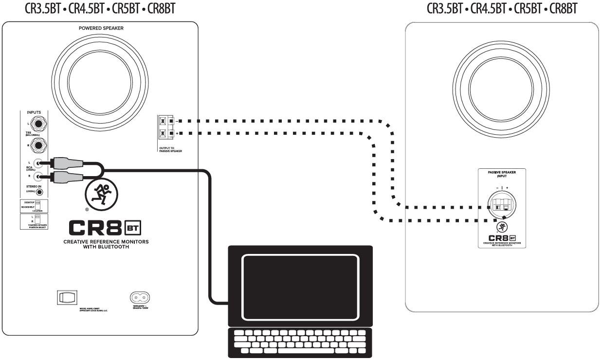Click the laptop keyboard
click(300, 341)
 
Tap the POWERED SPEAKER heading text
click(101, 28)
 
